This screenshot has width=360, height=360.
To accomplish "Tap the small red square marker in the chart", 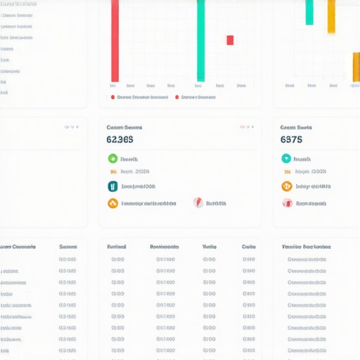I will tap(230, 40).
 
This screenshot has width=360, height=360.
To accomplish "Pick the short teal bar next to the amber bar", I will tap(309, 13).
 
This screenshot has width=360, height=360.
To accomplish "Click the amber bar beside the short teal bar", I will tap(331, 16).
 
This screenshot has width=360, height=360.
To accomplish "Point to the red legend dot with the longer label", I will tap(112, 98).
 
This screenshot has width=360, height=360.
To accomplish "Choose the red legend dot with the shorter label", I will tap(176, 98).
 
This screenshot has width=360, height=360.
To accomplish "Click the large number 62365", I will tap(120, 139).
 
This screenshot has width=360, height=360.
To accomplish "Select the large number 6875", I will tap(291, 139).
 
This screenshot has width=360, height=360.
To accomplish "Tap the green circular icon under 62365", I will tap(112, 159).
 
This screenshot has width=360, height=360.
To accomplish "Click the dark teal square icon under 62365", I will tap(112, 186).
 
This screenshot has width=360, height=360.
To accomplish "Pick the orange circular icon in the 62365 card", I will tap(112, 203).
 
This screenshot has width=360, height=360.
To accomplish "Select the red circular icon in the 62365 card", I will tap(198, 202).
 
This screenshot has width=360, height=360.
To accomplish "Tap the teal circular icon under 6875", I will tap(286, 159).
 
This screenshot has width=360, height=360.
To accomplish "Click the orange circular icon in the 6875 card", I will tap(286, 186).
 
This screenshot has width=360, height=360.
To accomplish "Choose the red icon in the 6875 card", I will tap(286, 203).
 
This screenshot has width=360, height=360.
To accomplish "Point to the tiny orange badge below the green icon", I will tap(112, 172).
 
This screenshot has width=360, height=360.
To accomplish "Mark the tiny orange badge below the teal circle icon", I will tap(286, 172).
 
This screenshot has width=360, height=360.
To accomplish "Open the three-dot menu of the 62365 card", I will tap(245, 127).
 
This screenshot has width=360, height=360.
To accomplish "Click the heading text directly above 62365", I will tap(124, 127).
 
